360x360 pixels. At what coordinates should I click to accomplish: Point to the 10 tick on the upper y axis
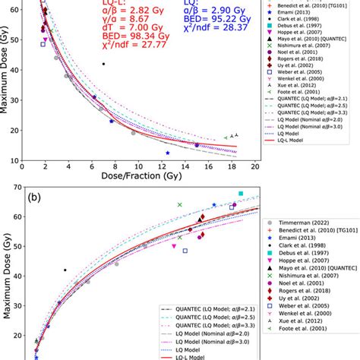point(15,160)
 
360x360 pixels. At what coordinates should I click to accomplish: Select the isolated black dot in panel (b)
point(65,270)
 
